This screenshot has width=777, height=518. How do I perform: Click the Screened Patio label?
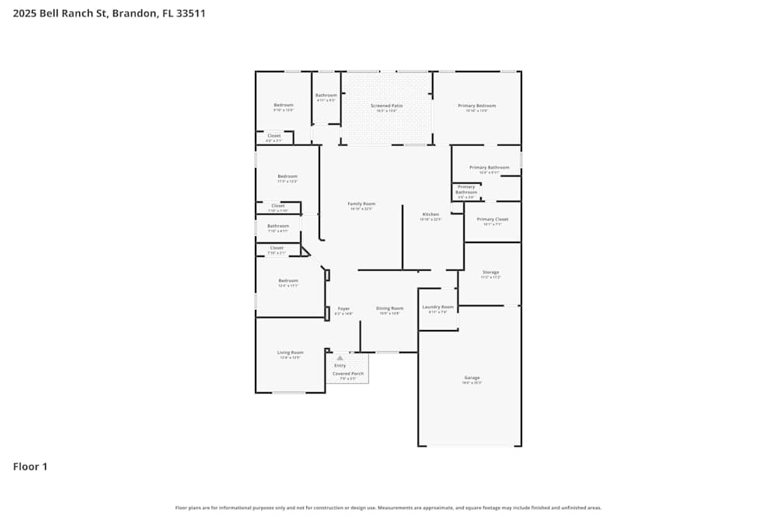pyautogui.click(x=386, y=106)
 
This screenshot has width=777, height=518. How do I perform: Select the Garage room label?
pyautogui.click(x=472, y=377)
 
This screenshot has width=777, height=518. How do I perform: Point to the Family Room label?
pyautogui.click(x=361, y=203)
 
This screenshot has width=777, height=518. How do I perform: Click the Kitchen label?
pyautogui.click(x=430, y=214)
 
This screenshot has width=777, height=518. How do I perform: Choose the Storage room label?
pyautogui.click(x=490, y=273)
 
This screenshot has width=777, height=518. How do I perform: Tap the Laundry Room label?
pyautogui.click(x=438, y=307)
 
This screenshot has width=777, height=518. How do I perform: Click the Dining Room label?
pyautogui.click(x=390, y=308)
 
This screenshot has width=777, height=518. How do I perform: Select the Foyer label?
pyautogui.click(x=343, y=308)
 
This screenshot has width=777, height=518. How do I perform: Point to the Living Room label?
pyautogui.click(x=291, y=353)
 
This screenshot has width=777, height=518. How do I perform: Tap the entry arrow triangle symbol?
pyautogui.click(x=340, y=358)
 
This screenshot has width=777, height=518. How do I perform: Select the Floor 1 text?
pyautogui.click(x=30, y=467)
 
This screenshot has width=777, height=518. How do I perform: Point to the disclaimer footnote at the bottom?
pyautogui.click(x=388, y=508)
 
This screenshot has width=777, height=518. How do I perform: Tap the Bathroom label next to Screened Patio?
pyautogui.click(x=326, y=96)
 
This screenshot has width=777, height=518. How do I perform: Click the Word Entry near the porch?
pyautogui.click(x=340, y=365)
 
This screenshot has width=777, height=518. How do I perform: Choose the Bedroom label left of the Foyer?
pyautogui.click(x=288, y=280)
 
